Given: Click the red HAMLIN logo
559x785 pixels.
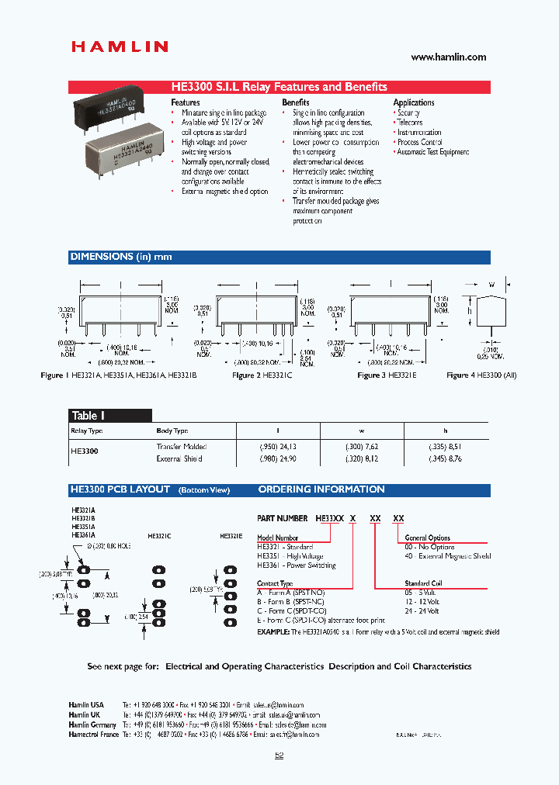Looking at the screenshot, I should tap(120, 47).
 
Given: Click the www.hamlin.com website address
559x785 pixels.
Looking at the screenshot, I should tap(448, 57).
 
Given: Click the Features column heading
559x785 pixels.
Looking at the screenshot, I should tap(186, 102).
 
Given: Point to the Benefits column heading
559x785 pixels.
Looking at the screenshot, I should tap(296, 102).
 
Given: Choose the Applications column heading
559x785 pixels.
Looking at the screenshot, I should tap(414, 102).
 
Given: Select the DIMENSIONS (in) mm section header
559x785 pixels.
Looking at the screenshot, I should tap(121, 257).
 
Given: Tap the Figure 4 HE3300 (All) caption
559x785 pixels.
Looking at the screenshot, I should tap(481, 375).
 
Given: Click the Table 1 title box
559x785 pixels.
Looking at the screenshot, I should tap(88, 416).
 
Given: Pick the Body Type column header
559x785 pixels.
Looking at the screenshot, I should tap(172, 431).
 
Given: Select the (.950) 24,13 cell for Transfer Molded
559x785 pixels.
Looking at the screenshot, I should tap(277, 447).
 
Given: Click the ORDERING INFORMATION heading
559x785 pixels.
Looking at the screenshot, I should tap(321, 489).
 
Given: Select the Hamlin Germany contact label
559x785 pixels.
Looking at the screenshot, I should tap(92, 724).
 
